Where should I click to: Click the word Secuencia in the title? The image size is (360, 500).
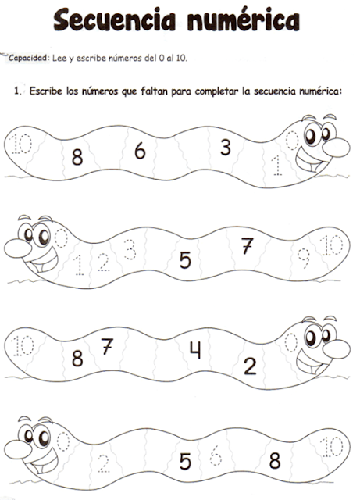pos(114,20)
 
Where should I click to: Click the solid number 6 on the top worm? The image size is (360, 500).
pos(140,151)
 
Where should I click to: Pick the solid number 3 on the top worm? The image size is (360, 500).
pos(226,147)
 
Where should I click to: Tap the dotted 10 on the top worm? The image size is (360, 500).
pos(21,144)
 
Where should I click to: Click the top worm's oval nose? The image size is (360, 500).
pos(336,148)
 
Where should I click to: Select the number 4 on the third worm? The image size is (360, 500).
pos(195,350)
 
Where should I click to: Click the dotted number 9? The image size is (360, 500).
pos(304,259)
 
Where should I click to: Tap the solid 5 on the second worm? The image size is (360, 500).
pos(185,260)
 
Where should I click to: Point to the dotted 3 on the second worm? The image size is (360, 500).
pos(130,249)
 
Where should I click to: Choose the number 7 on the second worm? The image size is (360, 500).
pos(247,245)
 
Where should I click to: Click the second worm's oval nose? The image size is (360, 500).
pos(18,248)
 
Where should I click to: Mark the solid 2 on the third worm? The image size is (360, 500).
pos(250,366)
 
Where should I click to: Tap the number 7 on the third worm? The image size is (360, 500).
pos(107,346)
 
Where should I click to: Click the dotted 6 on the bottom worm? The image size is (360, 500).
pos(216,455)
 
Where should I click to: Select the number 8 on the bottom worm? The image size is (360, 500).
pos(275,460)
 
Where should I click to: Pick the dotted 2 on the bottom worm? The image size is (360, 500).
pos(104,463)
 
